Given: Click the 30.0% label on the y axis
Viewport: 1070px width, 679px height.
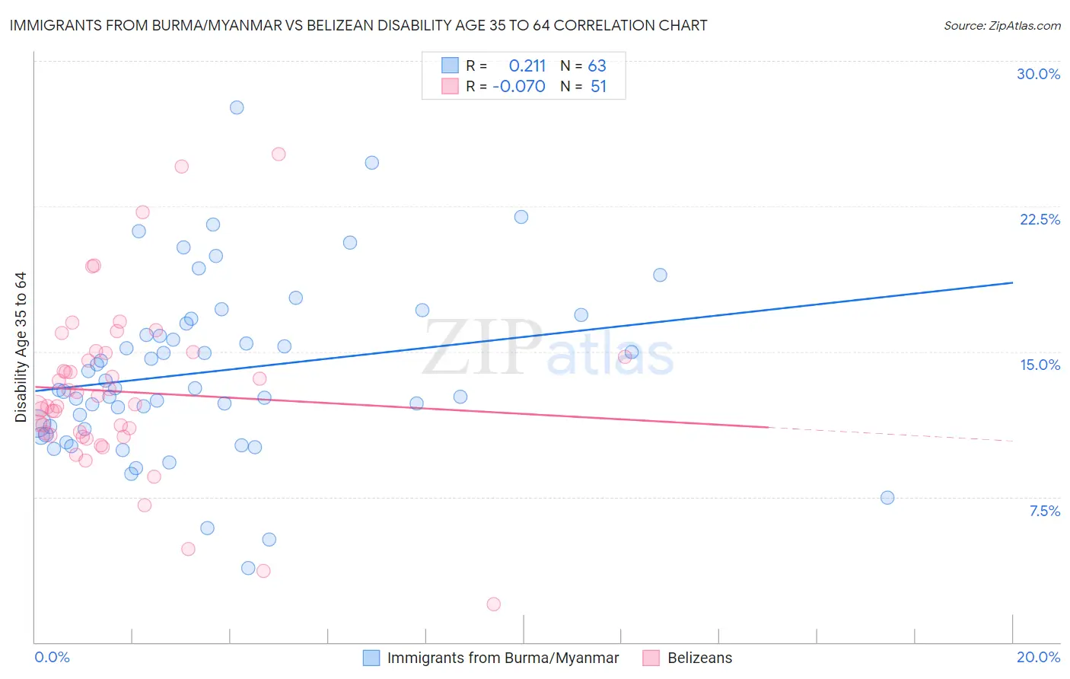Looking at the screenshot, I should pos(1038,74).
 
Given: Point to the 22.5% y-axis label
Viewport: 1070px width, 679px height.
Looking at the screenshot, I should pos(1040,219).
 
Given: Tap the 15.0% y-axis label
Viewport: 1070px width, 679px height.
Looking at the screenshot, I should pos(1040,365).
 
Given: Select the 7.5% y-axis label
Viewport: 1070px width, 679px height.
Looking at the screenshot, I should pos(1044,511).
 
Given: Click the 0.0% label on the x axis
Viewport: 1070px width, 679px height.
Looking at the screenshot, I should pos(52,657).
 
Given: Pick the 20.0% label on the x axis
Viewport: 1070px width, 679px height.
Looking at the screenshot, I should pos(1038,657).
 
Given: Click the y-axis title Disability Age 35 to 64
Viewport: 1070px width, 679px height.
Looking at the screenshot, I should pos(21,347).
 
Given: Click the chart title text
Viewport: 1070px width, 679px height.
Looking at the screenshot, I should pos(358,25).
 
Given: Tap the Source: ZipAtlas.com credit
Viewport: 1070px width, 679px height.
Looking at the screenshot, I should pos(1002,26).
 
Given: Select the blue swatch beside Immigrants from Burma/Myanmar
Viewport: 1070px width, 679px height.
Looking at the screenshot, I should pos(371,658).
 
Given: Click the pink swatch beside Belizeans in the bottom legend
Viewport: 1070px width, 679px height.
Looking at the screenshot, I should pos(651,658).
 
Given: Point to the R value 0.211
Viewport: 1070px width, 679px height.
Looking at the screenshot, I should pos(527,66).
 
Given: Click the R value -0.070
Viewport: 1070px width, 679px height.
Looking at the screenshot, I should pos(519,87).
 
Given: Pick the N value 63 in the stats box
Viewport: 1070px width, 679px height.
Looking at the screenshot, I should pos(597,66).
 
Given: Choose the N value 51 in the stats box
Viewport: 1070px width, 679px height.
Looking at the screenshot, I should pos(598,87).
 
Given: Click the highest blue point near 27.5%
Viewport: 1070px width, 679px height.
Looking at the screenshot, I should pos(237,107).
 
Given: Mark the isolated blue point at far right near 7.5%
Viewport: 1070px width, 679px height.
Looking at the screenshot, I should pos(887,498).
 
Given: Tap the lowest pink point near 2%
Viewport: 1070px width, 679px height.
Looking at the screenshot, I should pos(493,604).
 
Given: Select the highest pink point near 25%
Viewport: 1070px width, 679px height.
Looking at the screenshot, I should pos(279,154).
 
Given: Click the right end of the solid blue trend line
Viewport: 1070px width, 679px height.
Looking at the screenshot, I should pos(1013,282).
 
